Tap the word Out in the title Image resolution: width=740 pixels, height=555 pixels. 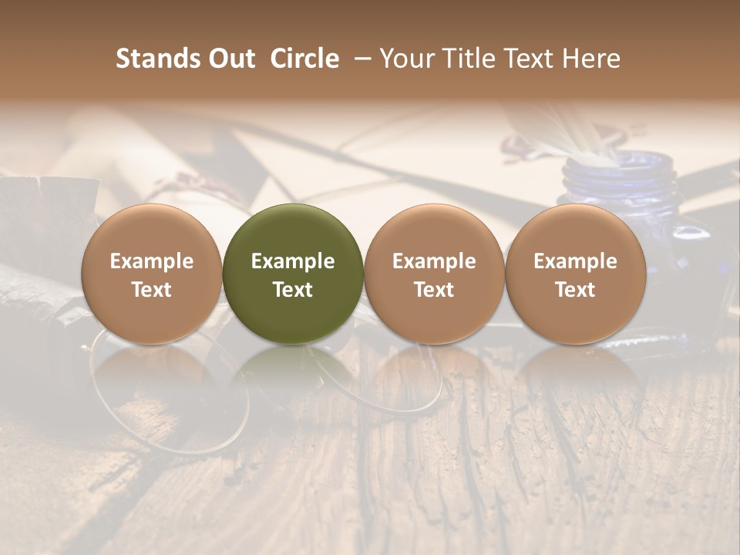tap(229, 59)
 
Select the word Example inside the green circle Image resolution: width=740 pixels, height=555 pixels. tap(293, 261)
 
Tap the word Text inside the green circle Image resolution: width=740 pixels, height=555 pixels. tap(293, 290)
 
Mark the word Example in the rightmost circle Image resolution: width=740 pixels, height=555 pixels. tap(575, 261)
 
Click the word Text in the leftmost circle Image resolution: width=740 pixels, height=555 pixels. tap(151, 290)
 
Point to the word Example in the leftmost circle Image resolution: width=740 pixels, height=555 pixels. tap(151, 261)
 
